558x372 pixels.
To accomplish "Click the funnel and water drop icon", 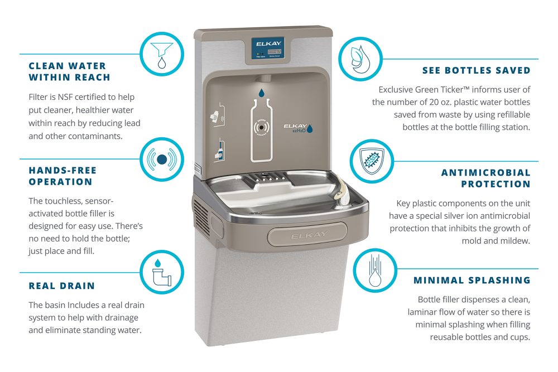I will pyautogui.click(x=162, y=54).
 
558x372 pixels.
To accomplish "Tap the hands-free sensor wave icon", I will pyautogui.click(x=162, y=160).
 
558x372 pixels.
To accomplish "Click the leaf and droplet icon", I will pyautogui.click(x=359, y=59).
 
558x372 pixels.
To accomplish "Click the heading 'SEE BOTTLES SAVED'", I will pyautogui.click(x=475, y=71).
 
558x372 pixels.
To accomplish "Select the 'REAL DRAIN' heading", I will pyautogui.click(x=62, y=286).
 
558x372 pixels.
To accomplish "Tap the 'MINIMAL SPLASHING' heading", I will pyautogui.click(x=472, y=281).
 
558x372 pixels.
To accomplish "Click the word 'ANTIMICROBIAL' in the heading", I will pyautogui.click(x=486, y=172).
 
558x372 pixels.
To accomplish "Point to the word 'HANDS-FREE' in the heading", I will pyautogui.click(x=63, y=171).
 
